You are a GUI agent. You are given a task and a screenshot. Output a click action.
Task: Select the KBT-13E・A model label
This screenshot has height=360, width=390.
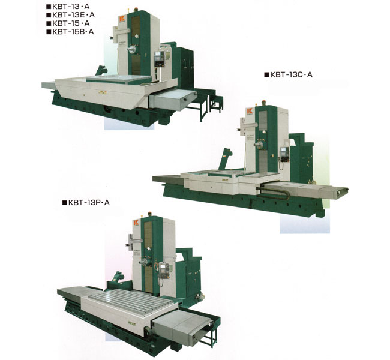point(70,15)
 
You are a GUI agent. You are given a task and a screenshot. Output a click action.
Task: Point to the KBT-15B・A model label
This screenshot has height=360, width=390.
point(70,32)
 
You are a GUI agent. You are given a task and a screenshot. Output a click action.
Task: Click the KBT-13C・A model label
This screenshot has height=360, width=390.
point(288,74)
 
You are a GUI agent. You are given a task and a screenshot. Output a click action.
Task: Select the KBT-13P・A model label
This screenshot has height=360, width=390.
point(86,203)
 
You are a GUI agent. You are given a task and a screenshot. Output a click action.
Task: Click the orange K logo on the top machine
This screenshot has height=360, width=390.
point(122,19)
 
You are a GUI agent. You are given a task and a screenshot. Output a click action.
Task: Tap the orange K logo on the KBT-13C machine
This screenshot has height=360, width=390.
point(250,111)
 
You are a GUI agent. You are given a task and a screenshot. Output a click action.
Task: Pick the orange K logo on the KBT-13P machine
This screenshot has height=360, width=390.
point(136,223)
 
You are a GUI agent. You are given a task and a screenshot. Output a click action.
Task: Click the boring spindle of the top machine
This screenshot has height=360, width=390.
point(132,50)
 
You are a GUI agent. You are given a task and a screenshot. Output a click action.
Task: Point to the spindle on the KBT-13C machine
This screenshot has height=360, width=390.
point(259,145)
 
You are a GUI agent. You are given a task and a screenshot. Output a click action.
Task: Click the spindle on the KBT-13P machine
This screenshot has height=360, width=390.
point(144,262)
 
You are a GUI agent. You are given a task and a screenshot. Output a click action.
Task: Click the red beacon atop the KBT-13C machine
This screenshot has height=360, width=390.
point(264,103)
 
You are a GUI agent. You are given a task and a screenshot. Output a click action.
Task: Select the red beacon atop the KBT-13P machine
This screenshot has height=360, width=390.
point(150,214)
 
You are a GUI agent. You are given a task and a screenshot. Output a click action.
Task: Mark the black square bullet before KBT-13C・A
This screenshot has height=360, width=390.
point(266,74)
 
